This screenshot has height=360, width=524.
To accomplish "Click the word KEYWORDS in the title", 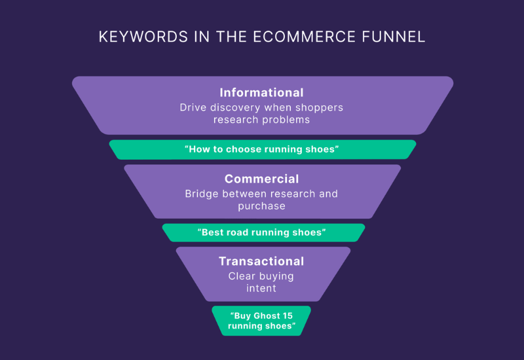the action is (x=143, y=37).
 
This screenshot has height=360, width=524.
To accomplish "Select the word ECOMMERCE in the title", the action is (x=304, y=37).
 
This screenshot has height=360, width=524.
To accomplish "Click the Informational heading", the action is (x=261, y=92).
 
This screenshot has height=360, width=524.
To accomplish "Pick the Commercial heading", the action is (x=261, y=179).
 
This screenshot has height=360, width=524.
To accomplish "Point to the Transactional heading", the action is (x=261, y=261).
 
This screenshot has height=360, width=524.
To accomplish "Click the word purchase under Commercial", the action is (x=261, y=206).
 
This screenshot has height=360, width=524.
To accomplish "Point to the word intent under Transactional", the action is (x=261, y=288).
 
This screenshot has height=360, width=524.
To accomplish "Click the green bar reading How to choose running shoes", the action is (x=263, y=149).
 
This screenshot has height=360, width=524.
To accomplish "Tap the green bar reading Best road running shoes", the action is (x=263, y=232).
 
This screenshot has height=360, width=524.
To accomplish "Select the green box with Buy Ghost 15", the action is (x=261, y=321).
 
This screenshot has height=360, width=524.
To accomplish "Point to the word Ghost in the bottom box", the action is (x=267, y=315).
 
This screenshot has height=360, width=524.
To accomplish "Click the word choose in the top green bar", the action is (x=240, y=149).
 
